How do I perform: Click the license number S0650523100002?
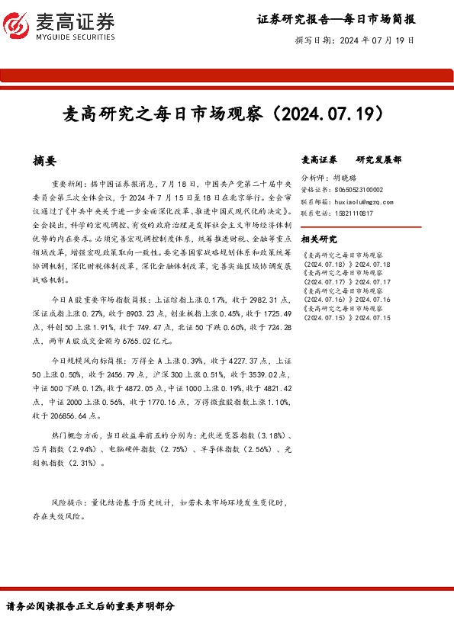point(359,190)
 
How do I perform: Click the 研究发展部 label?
point(379,160)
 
